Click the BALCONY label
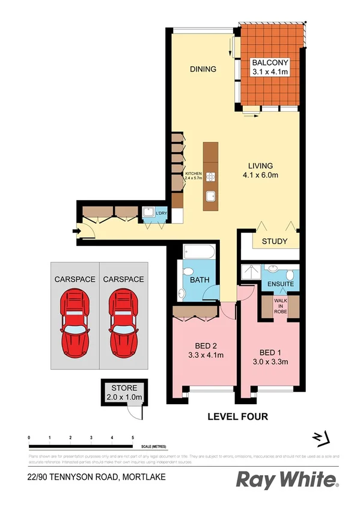pos(270,63)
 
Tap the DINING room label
pos(203,69)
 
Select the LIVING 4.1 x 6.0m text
pos(261,170)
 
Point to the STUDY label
pos(274,242)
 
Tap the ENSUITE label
pos(280,283)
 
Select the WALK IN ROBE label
pos(281,306)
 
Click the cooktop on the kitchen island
pos(210,177)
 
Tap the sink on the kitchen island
pos(210,195)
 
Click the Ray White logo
pos(287,479)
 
